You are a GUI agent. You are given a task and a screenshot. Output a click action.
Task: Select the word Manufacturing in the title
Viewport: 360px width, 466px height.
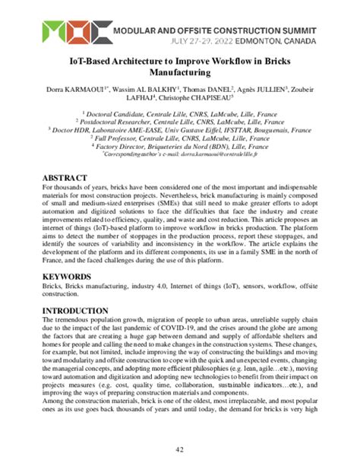[179, 74]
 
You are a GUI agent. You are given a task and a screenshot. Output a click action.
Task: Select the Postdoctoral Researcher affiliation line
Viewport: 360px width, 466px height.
[179, 120]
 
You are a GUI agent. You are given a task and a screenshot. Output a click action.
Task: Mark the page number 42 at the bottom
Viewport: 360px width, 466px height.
[180, 449]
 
